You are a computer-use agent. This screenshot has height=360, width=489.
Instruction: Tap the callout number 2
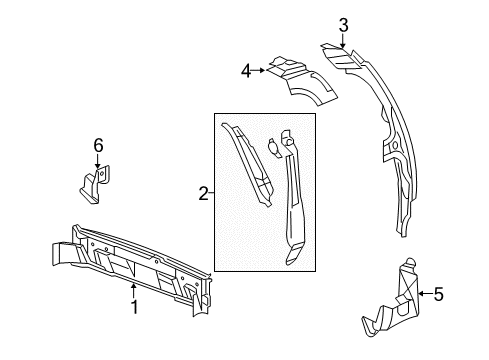(204, 194)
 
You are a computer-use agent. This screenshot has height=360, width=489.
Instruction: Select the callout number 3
(343, 24)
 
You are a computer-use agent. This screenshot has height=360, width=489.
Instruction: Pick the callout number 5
(437, 294)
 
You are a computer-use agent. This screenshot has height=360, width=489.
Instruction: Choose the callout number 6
(98, 146)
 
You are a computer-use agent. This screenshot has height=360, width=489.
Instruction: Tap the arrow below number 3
(343, 42)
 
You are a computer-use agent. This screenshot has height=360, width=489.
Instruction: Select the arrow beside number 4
(262, 70)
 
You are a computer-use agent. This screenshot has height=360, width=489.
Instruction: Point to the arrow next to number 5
(422, 294)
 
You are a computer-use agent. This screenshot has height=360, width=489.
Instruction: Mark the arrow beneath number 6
(98, 163)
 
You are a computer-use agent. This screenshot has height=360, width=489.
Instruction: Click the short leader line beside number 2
(211, 194)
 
